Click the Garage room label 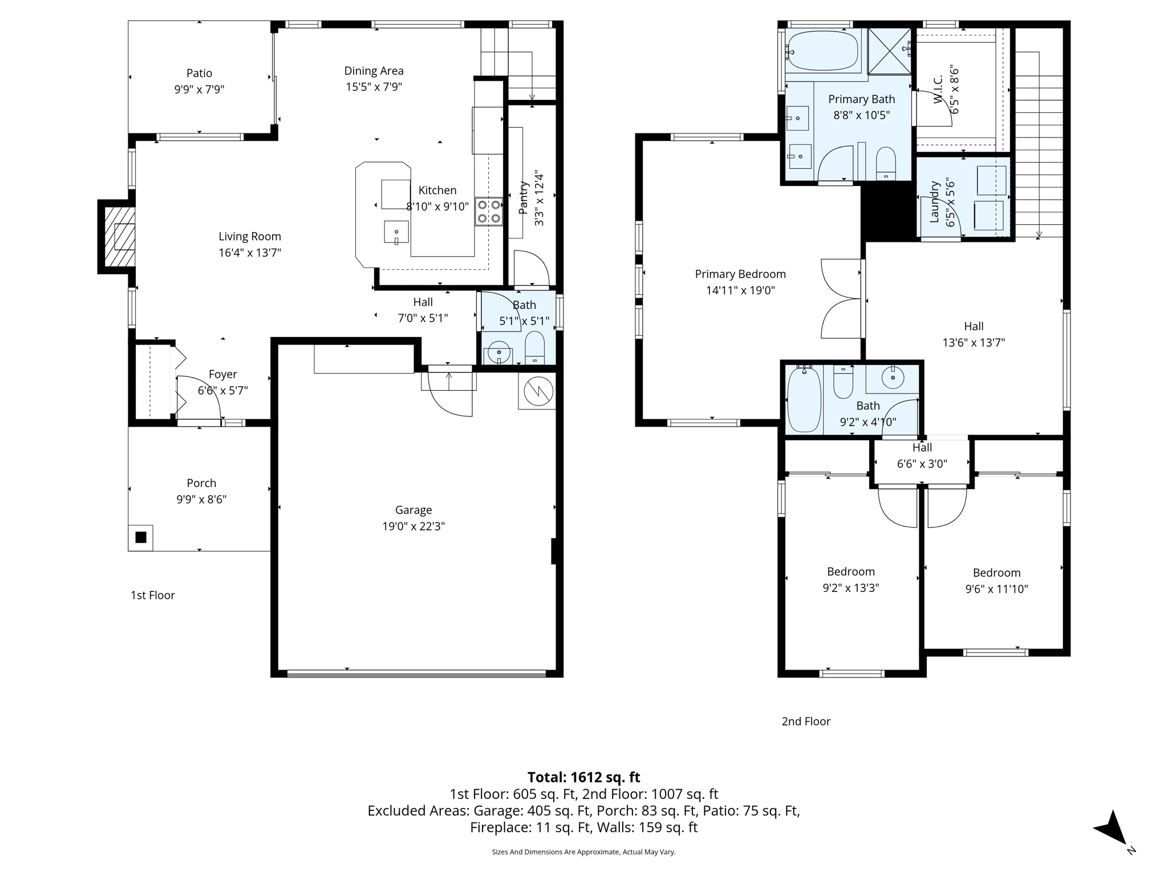pyautogui.click(x=413, y=510)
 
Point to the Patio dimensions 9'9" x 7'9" pyautogui.click(x=200, y=90)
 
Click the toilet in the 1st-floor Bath pyautogui.click(x=534, y=347)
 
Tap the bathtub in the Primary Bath pyautogui.click(x=822, y=51)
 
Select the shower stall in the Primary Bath pyautogui.click(x=889, y=51)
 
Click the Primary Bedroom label pyautogui.click(x=740, y=274)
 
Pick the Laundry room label pyautogui.click(x=934, y=202)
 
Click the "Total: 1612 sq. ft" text pyautogui.click(x=583, y=777)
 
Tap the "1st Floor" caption pyautogui.click(x=153, y=595)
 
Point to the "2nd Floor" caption pyautogui.click(x=806, y=721)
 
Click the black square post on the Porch pyautogui.click(x=141, y=537)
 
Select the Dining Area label pyautogui.click(x=374, y=71)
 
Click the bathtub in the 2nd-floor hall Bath pyautogui.click(x=804, y=399)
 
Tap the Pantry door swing pyautogui.click(x=532, y=267)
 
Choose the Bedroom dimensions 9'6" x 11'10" pyautogui.click(x=996, y=589)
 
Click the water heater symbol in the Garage pyautogui.click(x=537, y=391)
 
